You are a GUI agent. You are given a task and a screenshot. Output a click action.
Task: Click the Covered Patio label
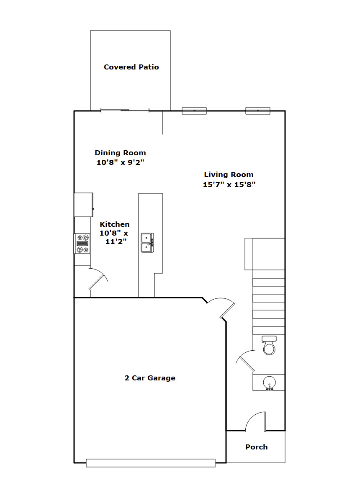pyautogui.click(x=131, y=67)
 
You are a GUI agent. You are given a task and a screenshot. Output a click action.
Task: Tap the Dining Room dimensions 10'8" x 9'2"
pyautogui.click(x=121, y=162)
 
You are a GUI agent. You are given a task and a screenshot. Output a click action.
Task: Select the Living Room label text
pyautogui.click(x=229, y=175)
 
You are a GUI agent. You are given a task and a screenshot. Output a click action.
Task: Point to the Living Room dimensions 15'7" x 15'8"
pyautogui.click(x=229, y=185)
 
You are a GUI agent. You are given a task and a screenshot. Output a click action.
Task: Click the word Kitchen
pyautogui.click(x=115, y=224)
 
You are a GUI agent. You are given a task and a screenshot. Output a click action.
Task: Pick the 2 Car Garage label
pyautogui.click(x=150, y=378)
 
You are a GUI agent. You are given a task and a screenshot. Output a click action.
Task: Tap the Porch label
pyautogui.click(x=257, y=447)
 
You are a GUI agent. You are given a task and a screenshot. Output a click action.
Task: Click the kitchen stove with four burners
pyautogui.click(x=82, y=244)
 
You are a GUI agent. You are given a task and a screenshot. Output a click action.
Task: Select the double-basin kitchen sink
pyautogui.click(x=147, y=243)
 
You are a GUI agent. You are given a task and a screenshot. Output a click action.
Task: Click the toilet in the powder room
pyautogui.click(x=269, y=345)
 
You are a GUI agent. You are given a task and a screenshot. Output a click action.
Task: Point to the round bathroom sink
pyautogui.click(x=269, y=382)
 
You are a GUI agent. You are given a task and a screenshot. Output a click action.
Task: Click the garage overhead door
pyautogui.click(x=151, y=463)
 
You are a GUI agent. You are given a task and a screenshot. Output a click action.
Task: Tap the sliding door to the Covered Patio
pyautogui.click(x=125, y=110)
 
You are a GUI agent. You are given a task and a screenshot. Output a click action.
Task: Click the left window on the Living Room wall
pyautogui.click(x=194, y=111)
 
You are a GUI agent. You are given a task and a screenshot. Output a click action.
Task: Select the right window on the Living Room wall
pyautogui.click(x=258, y=111)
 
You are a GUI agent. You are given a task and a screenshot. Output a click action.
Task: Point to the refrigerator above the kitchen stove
pyautogui.click(x=84, y=205)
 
